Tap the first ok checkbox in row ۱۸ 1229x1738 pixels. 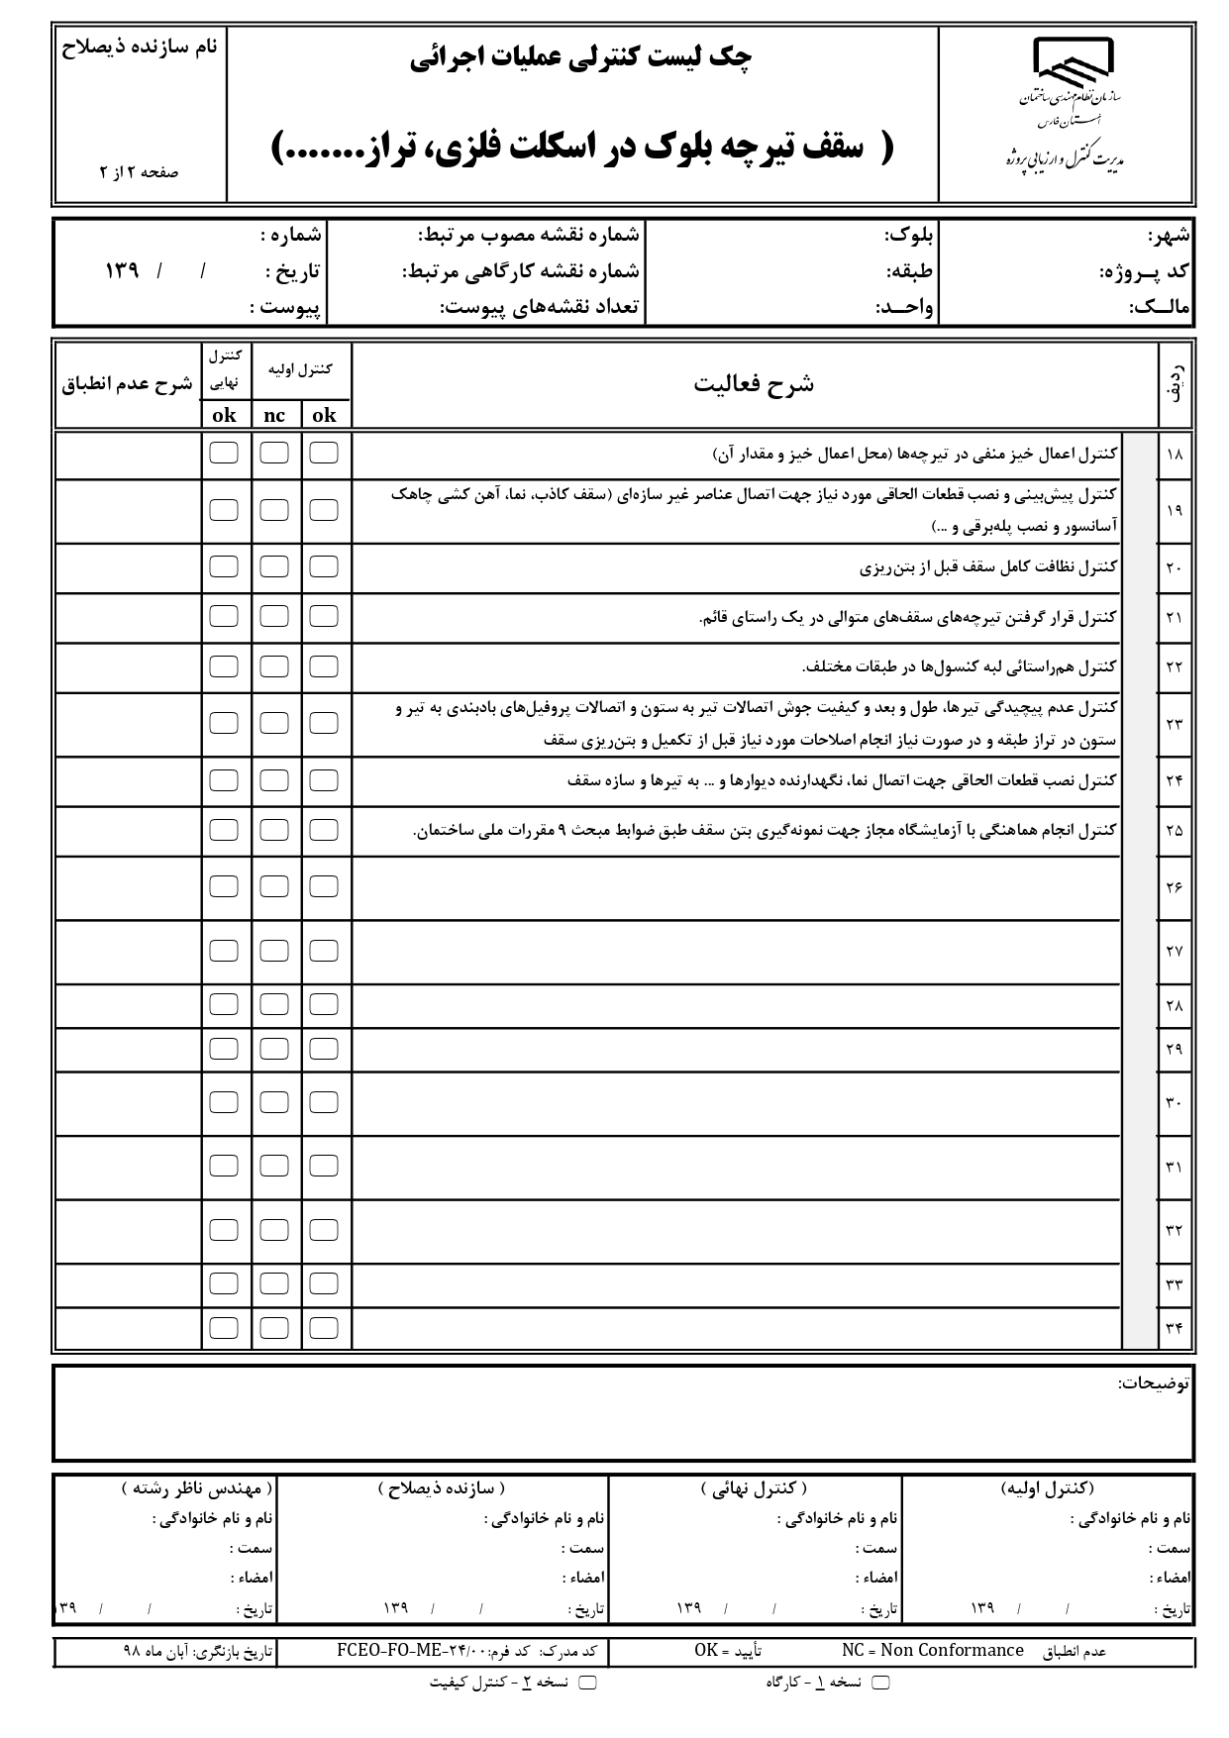coord(324,453)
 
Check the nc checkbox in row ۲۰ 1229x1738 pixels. coord(274,566)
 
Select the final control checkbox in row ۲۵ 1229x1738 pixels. coord(224,830)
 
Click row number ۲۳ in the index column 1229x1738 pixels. coord(1175,724)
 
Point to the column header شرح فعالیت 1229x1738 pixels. coord(754,384)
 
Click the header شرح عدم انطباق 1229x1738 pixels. coord(128,384)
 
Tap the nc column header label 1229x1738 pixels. coord(274,416)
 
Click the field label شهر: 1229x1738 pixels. coord(1169,237)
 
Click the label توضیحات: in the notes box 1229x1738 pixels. coord(1154,1383)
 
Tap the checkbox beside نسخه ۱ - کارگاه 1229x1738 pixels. coord(880,1683)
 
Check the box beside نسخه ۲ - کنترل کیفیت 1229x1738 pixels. coord(587,1683)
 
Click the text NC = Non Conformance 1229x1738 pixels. coord(932,1651)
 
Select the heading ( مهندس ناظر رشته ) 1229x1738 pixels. coord(197,1488)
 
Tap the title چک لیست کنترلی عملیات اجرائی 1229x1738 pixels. coord(581,60)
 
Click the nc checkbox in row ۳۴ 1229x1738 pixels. coord(274,1327)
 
